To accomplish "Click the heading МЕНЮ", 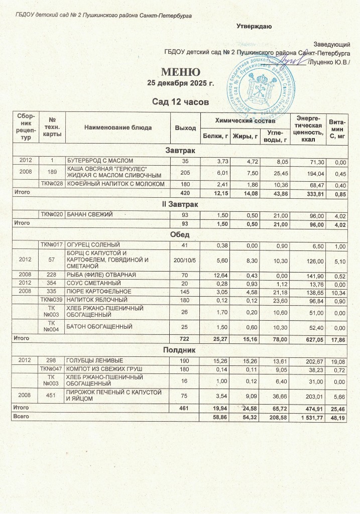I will pyautogui.click(x=180, y=72).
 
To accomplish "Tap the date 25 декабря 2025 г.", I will pyautogui.click(x=180, y=83).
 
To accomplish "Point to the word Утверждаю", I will pyautogui.click(x=255, y=26).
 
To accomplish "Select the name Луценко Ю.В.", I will pyautogui.click(x=331, y=62).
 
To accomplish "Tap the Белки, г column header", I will pyautogui.click(x=214, y=136).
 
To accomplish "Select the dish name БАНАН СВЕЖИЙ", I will pyautogui.click(x=90, y=215).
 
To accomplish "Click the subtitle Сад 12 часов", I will pyautogui.click(x=180, y=102).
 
